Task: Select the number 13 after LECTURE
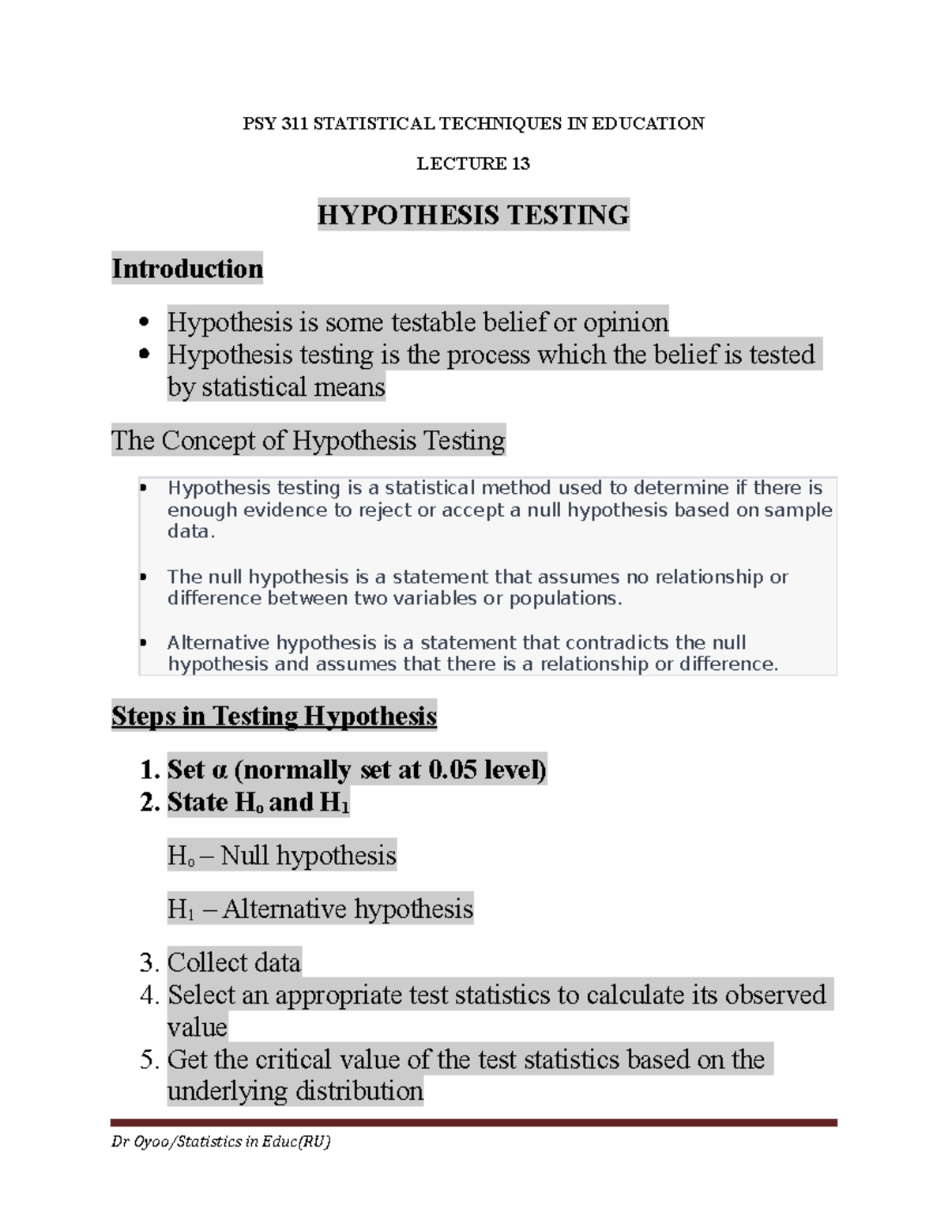tap(520, 164)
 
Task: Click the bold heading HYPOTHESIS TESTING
tap(473, 215)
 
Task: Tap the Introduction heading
tap(187, 269)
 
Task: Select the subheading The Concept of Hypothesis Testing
tap(308, 440)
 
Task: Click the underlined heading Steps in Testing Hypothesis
tap(273, 716)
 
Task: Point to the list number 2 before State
tap(148, 802)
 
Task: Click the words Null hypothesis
tap(308, 856)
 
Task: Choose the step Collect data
tap(234, 962)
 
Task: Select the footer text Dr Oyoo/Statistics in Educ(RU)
tap(221, 1142)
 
